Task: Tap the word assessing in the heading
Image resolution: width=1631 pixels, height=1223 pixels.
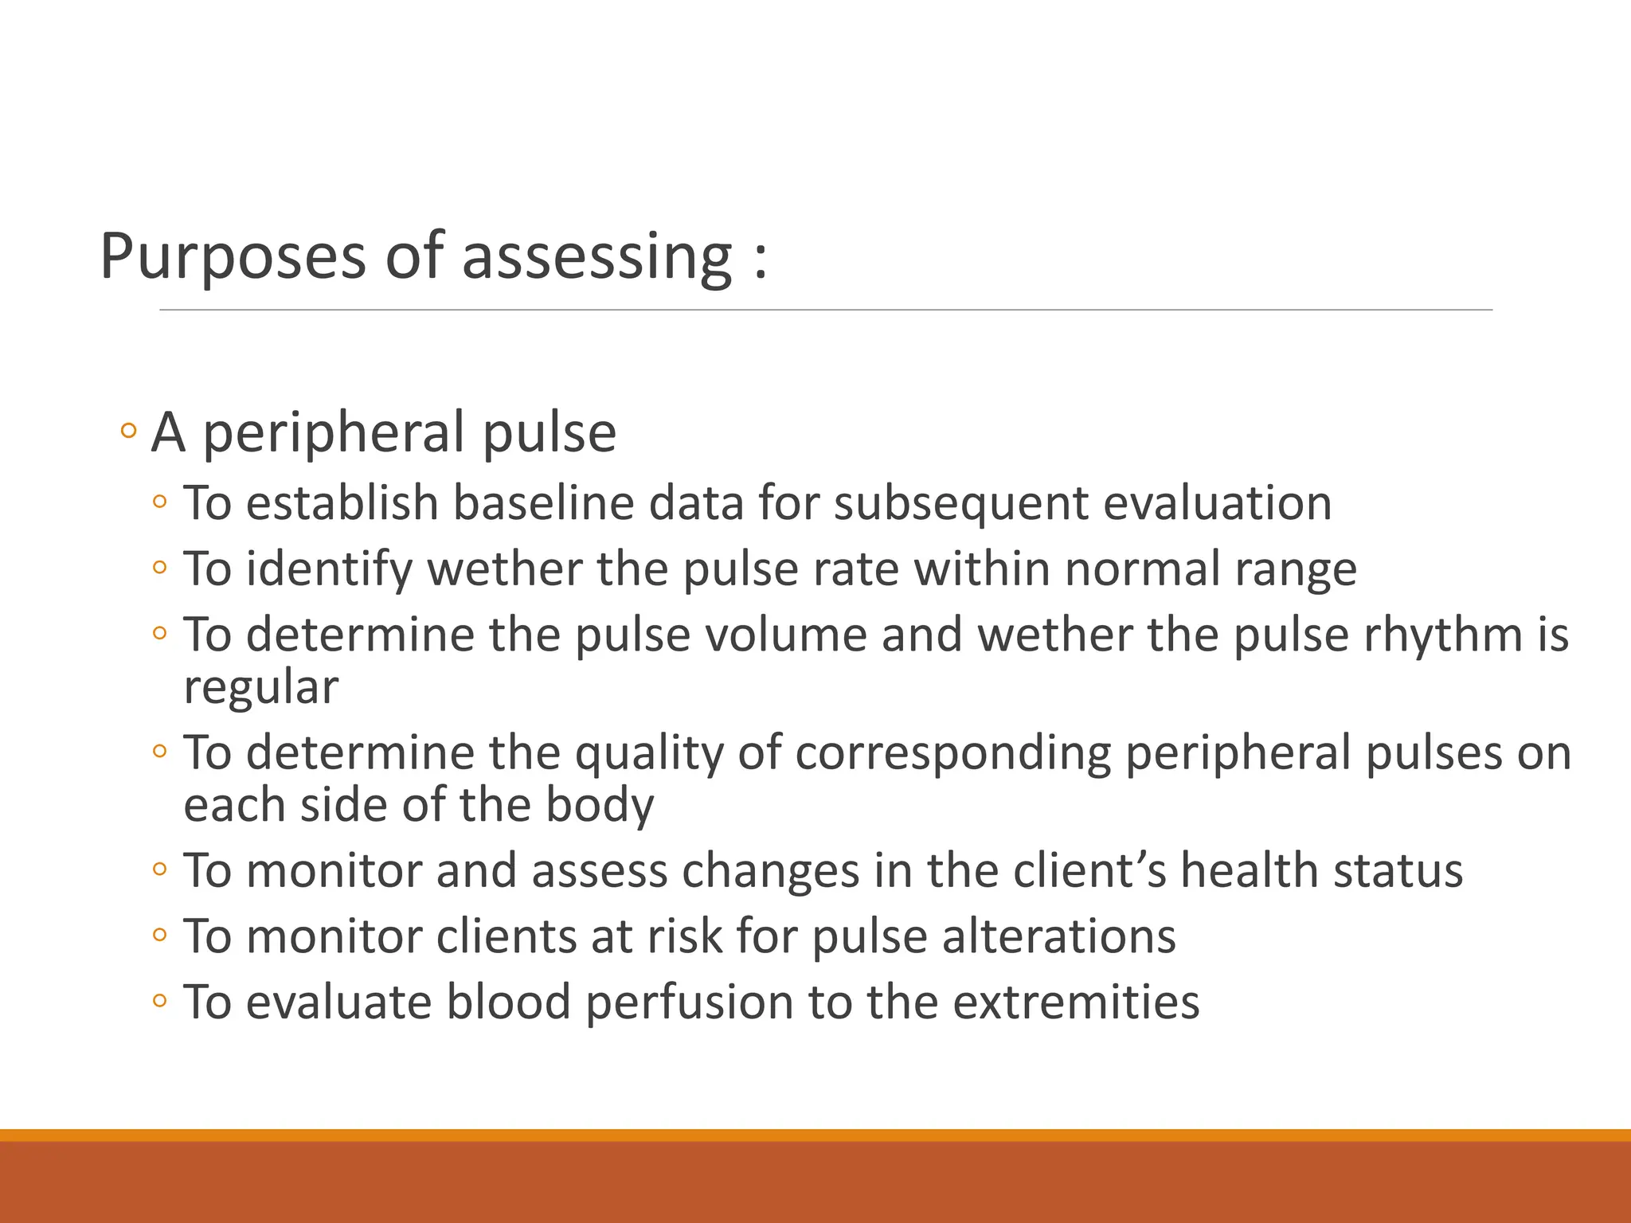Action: (596, 257)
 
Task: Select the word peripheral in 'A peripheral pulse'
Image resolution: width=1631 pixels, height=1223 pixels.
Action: (335, 435)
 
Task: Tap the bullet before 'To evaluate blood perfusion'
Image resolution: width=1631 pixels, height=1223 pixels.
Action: (160, 1001)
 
